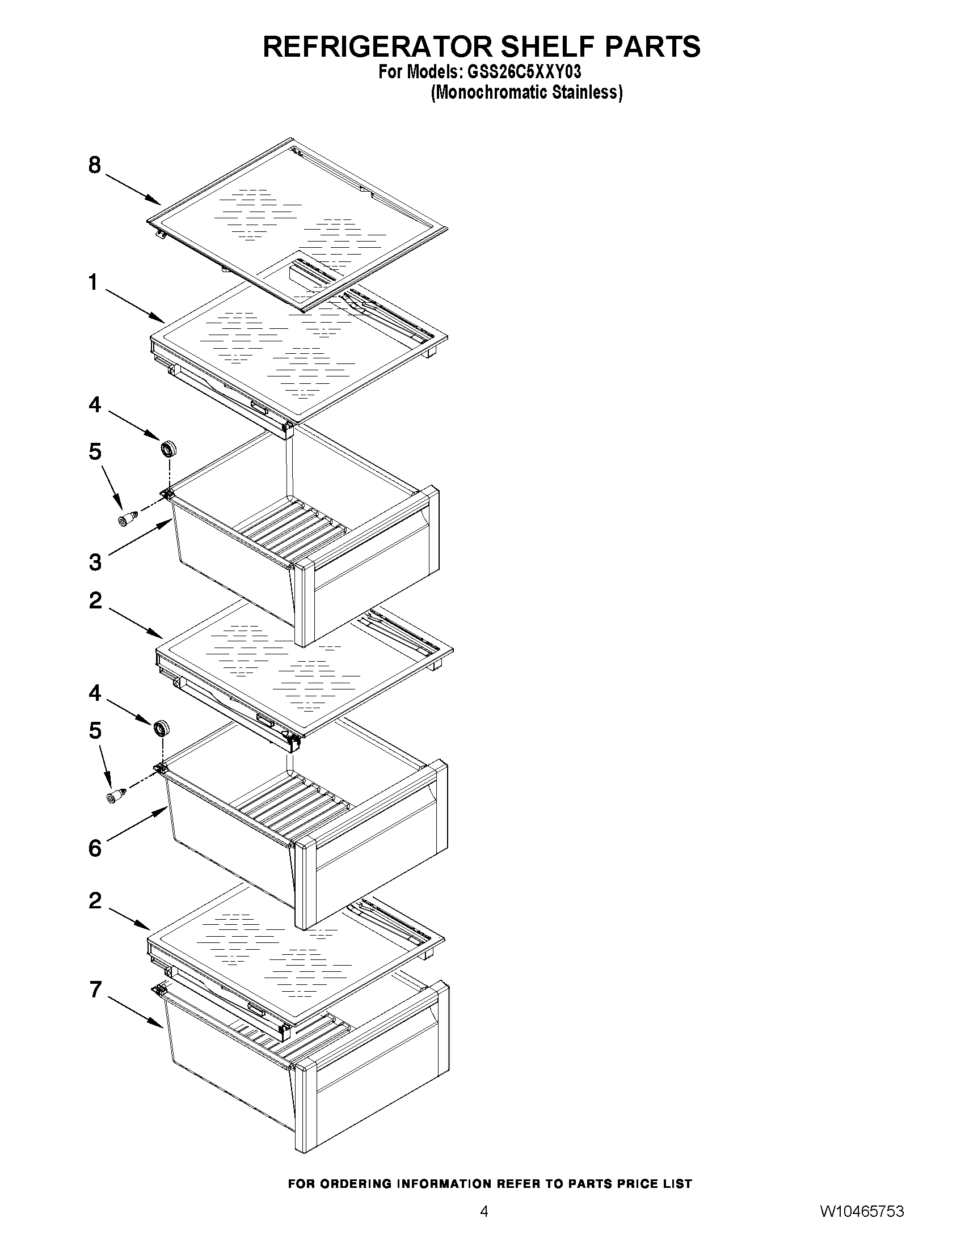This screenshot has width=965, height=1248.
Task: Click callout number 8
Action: pyautogui.click(x=95, y=166)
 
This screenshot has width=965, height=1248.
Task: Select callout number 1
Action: pyautogui.click(x=94, y=283)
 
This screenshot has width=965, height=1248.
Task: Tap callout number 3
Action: pyautogui.click(x=95, y=562)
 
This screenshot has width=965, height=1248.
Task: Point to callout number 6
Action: pyautogui.click(x=95, y=849)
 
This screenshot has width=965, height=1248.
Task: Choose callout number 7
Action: pyautogui.click(x=95, y=989)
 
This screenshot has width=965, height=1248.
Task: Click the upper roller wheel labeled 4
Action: pyautogui.click(x=168, y=449)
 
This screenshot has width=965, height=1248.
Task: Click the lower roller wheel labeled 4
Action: pyautogui.click(x=162, y=728)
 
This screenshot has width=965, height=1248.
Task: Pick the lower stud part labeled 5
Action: pyautogui.click(x=117, y=796)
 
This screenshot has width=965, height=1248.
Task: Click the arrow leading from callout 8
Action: pyautogui.click(x=132, y=189)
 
